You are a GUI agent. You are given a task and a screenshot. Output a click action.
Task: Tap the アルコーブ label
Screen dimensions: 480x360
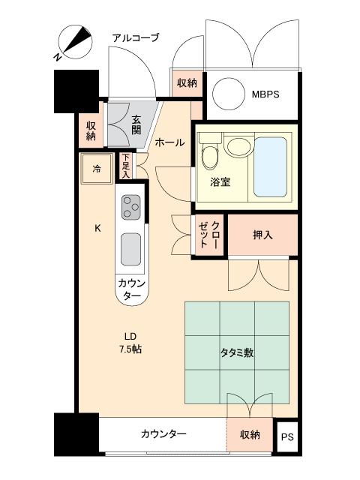[x=135, y=37]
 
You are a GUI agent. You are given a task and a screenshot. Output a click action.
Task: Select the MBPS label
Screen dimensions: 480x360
[x=265, y=94]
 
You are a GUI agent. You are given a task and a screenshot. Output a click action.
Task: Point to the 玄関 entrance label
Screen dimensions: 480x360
[x=136, y=124]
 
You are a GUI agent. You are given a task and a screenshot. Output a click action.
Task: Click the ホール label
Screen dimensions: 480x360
[x=169, y=142]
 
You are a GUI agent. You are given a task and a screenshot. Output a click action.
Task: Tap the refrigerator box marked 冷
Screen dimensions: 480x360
[x=97, y=169]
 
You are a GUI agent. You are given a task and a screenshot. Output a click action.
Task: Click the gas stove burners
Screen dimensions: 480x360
[x=130, y=205]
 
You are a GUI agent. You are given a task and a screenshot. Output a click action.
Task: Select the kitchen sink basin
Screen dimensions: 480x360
[x=130, y=249]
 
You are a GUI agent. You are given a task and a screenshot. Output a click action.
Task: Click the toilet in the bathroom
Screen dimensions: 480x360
[x=209, y=154]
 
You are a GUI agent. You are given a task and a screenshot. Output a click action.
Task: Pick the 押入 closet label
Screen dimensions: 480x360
[x=262, y=235]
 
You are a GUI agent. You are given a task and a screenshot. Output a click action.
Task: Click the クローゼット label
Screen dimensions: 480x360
[x=209, y=235]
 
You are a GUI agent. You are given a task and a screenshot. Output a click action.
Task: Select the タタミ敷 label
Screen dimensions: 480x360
[x=236, y=352]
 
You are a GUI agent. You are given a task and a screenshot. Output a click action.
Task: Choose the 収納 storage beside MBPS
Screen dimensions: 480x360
[x=187, y=83]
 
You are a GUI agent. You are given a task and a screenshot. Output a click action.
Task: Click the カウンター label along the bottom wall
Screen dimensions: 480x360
[x=163, y=434]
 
